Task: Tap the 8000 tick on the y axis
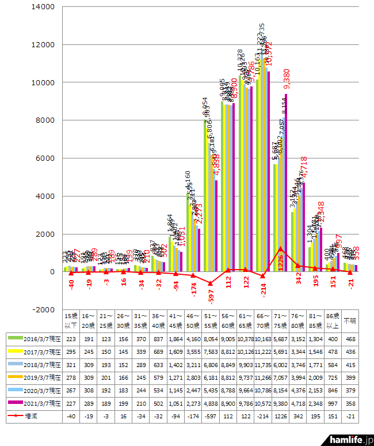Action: pos(45,120)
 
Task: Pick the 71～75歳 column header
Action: pos(278,320)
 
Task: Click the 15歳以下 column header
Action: pos(71,320)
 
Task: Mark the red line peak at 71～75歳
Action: pos(280,248)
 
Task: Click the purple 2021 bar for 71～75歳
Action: pos(285,184)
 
